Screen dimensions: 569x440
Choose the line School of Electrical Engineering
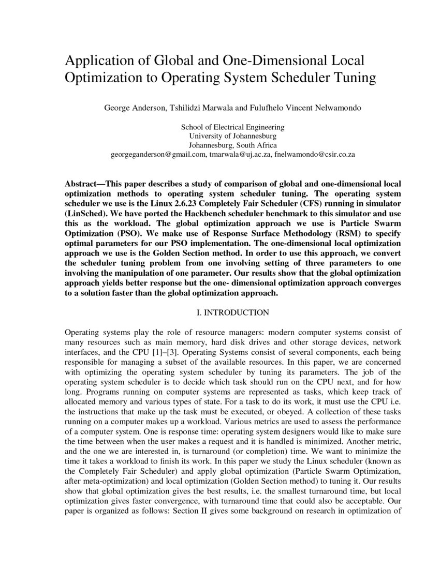coord(232,127)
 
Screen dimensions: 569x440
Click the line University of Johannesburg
coord(232,136)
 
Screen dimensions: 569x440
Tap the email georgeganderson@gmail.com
coord(158,155)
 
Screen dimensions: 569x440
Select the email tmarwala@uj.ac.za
coord(240,155)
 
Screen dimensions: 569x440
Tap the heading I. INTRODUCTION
coord(232,312)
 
